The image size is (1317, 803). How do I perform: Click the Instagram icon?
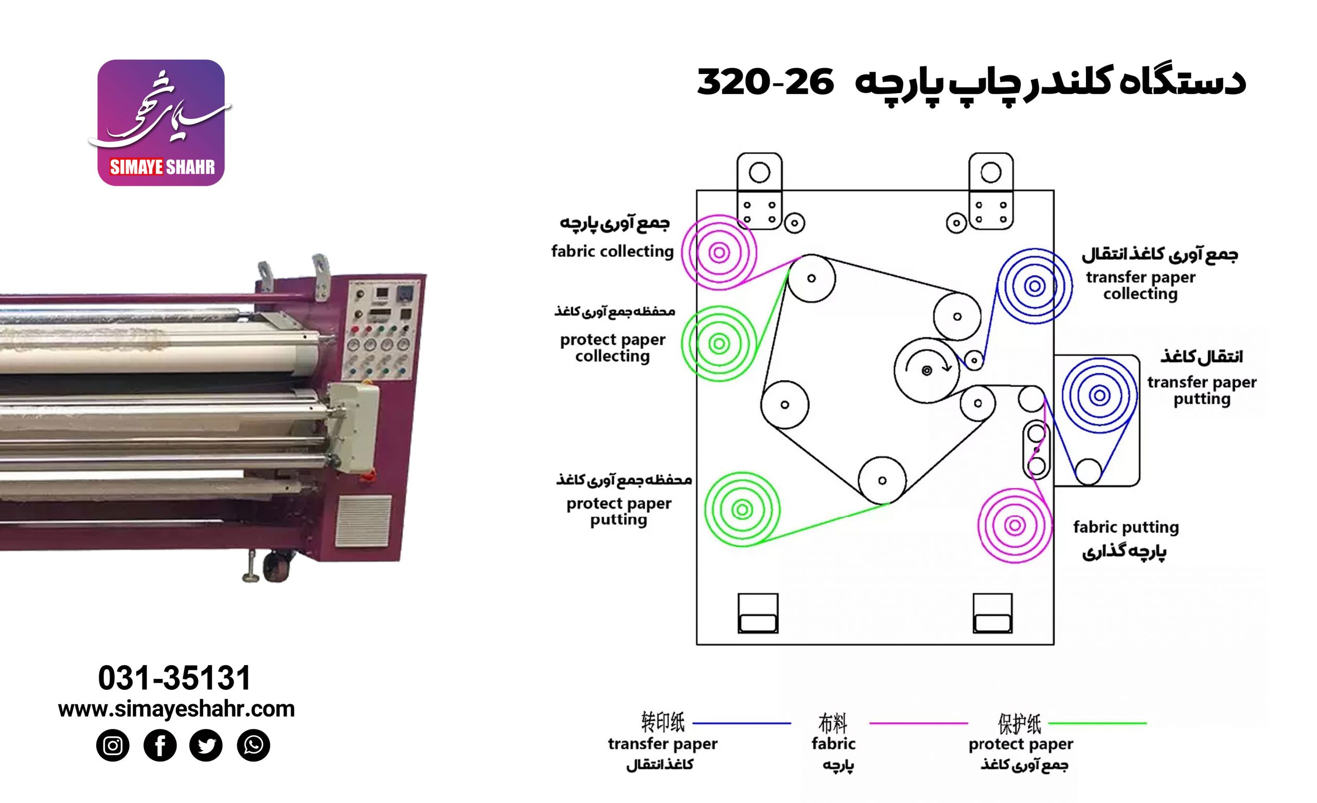coord(112,745)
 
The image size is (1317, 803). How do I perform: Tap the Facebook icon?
coord(160,745)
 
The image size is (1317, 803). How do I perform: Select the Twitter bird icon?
coord(206,745)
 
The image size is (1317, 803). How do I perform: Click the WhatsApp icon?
coord(253,745)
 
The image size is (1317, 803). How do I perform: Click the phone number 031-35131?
coord(174,678)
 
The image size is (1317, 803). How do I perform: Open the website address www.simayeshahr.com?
coord(176,709)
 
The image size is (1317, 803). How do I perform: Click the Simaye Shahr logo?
coord(161,123)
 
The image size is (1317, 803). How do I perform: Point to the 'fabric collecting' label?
coord(612,251)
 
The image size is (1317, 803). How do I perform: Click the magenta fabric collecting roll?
coord(719,253)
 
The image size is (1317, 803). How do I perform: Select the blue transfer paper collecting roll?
coord(1034,286)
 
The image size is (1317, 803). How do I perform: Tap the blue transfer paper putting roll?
coord(1099,396)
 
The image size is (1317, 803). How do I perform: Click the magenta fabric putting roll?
coord(1015,525)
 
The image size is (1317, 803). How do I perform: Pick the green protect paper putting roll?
coord(742,509)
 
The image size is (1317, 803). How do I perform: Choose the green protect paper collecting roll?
coord(719,344)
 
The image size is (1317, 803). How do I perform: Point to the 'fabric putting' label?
coord(1126,527)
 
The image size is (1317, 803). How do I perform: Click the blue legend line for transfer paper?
coord(741,723)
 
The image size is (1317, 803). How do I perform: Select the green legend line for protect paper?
coord(1097,723)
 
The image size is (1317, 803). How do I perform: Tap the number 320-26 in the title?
coord(765,82)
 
